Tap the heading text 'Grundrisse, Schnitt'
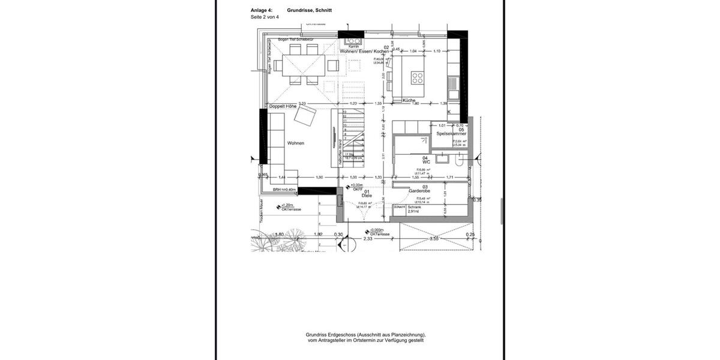[x=309, y=10]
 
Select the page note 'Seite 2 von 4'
[x=265, y=17]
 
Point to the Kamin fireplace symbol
[x=353, y=42]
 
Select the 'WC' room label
[x=427, y=161]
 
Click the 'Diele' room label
[x=366, y=195]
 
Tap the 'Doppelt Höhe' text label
[x=283, y=106]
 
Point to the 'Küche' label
[x=409, y=100]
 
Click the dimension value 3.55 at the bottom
[x=434, y=239]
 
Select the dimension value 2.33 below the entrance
[x=368, y=239]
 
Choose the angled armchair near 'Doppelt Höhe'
[x=304, y=119]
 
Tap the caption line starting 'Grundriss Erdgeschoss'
[x=365, y=334]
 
